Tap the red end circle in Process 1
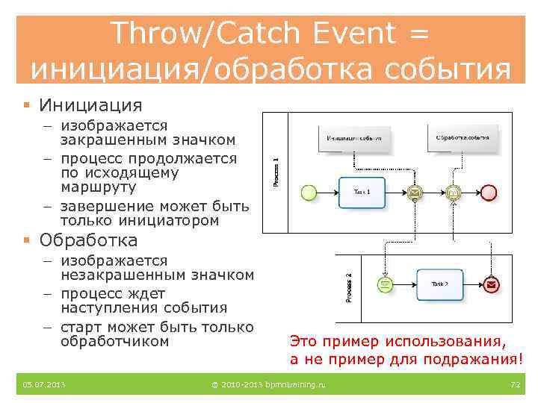489,193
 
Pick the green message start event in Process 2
385,284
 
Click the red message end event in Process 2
492,284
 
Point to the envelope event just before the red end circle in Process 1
453,193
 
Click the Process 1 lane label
275,172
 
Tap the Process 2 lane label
349,287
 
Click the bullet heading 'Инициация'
90,105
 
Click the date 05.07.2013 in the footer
44,384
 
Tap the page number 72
514,384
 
